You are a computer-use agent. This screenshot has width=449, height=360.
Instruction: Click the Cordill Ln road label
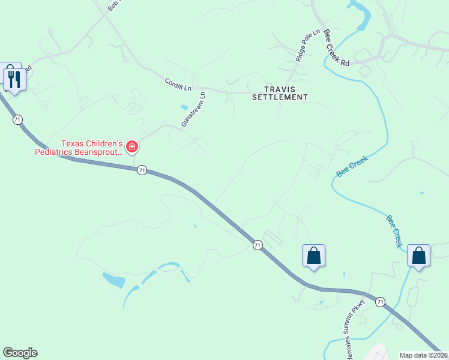(178, 85)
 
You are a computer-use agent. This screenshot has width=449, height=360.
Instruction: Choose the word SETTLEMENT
(280, 97)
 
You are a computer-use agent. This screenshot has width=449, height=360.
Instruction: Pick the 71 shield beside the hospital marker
(141, 170)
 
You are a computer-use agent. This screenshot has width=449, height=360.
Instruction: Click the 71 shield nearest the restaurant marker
(17, 120)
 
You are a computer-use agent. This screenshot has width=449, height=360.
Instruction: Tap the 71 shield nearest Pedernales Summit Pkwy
(380, 302)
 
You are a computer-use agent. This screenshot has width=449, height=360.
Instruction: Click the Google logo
(20, 353)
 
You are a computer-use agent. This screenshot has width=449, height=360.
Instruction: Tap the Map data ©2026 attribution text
(424, 355)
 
